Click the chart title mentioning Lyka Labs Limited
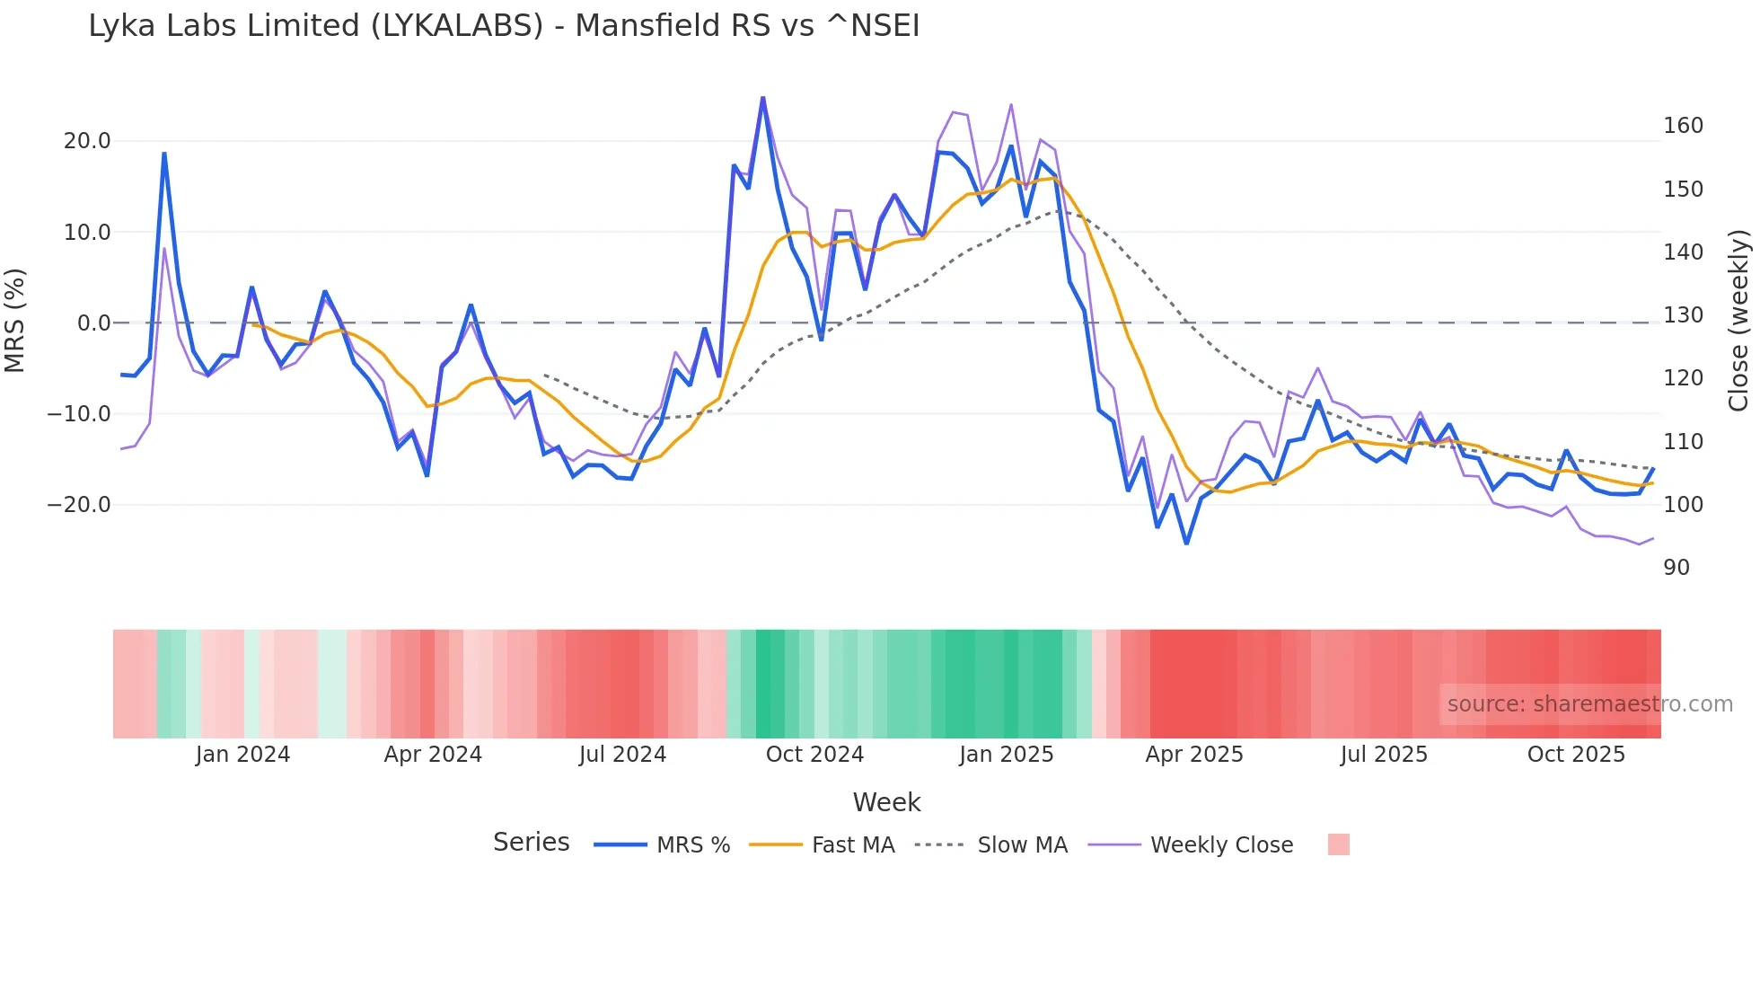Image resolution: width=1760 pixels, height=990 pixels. coord(504,26)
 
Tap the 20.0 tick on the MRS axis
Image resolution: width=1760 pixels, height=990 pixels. coord(87,141)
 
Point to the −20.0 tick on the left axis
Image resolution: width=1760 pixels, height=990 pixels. coord(79,505)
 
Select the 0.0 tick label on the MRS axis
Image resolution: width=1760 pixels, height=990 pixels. coord(93,323)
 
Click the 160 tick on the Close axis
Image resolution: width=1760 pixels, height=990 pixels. coord(1683,126)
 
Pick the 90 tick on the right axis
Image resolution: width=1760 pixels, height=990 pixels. coord(1676,568)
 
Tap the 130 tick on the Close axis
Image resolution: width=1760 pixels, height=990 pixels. coord(1683,315)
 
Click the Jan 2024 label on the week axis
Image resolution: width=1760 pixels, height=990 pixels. coord(242,755)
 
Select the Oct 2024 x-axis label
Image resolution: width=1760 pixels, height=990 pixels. coord(814,755)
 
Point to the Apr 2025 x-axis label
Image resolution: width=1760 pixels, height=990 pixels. coord(1193,755)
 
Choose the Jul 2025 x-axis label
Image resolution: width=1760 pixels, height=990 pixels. coord(1383,755)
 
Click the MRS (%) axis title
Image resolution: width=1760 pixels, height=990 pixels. coord(15,321)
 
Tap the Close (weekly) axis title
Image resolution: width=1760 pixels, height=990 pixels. coord(1739,321)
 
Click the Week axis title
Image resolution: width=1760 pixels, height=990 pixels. coord(886,802)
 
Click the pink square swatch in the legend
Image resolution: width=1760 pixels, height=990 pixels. coord(1338,844)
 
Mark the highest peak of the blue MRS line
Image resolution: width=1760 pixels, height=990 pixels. coord(762,98)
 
